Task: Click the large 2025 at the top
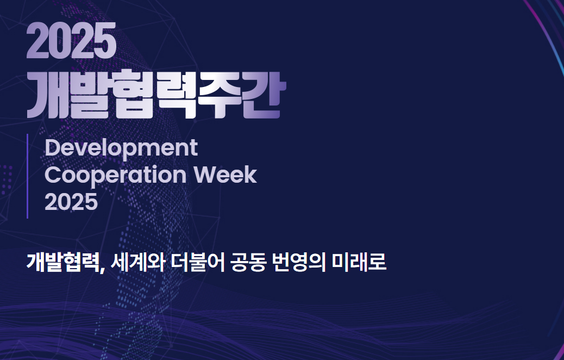point(71,40)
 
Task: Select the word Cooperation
point(115,175)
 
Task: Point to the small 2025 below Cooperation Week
point(71,201)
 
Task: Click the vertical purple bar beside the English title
point(27,176)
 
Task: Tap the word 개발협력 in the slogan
point(62,263)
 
